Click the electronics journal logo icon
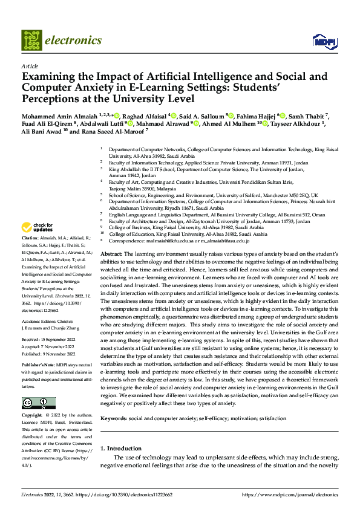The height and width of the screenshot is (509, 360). (31, 41)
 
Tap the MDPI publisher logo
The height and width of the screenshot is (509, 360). (324, 41)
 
